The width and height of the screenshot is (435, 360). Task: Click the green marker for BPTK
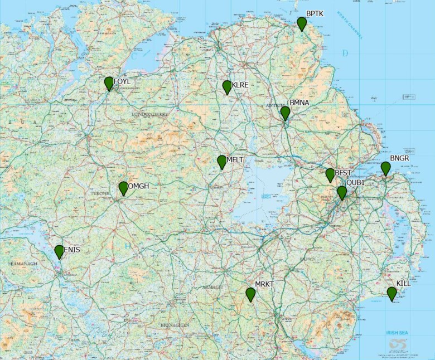pyautogui.click(x=302, y=23)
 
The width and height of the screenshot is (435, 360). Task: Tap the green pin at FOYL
pyautogui.click(x=109, y=83)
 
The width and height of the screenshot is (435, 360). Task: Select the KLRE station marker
pyautogui.click(x=227, y=87)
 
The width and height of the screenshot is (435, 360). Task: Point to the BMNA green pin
pyautogui.click(x=285, y=113)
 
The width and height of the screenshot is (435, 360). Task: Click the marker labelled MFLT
pyautogui.click(x=222, y=162)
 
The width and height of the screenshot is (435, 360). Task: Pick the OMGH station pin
pyautogui.click(x=123, y=188)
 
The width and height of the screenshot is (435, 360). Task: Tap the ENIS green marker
pyautogui.click(x=59, y=251)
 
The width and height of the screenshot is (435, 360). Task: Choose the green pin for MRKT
pyautogui.click(x=250, y=294)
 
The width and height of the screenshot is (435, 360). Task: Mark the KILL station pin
pyautogui.click(x=392, y=293)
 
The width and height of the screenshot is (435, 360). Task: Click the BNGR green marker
pyautogui.click(x=385, y=168)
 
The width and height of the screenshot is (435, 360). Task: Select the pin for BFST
pyautogui.click(x=330, y=174)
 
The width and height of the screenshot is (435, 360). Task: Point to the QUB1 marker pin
pyautogui.click(x=342, y=192)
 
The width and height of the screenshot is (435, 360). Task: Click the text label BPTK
pyautogui.click(x=315, y=13)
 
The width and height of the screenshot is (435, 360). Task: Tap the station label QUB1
pyautogui.click(x=355, y=183)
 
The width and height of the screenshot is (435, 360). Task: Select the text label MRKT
pyautogui.click(x=264, y=284)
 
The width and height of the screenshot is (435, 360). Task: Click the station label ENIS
pyautogui.click(x=72, y=250)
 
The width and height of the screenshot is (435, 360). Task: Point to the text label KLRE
pyautogui.click(x=240, y=85)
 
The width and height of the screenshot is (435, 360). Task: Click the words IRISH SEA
pyautogui.click(x=397, y=333)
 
